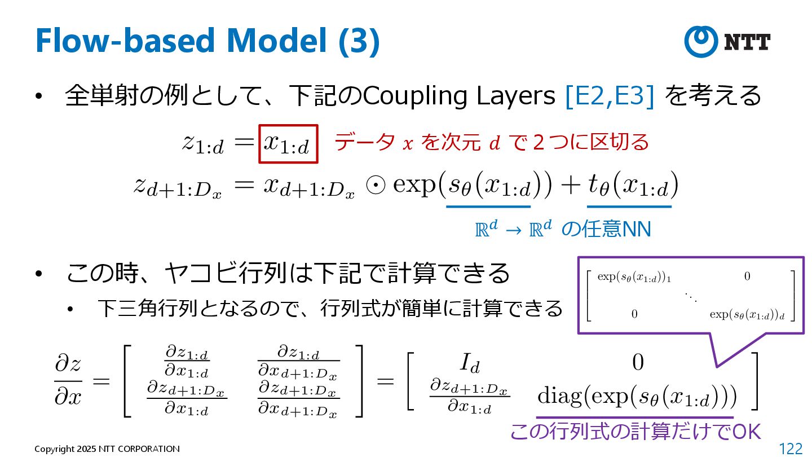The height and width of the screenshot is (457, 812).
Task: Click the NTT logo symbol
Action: [x=700, y=41]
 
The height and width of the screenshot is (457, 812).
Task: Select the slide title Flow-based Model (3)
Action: [x=207, y=41]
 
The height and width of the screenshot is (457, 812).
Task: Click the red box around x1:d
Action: [x=288, y=144]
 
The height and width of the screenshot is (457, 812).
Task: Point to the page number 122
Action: [x=790, y=449]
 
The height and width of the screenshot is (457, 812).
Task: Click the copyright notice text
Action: [x=107, y=449]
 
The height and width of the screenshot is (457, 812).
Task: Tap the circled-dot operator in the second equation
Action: [x=373, y=186]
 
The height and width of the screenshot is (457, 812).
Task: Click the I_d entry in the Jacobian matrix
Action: [x=469, y=363]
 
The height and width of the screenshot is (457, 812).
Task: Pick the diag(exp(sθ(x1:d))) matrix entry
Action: [x=637, y=397]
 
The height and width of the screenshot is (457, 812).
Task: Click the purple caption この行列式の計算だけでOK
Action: [x=635, y=432]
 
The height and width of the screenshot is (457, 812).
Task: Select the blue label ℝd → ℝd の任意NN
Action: [x=563, y=229]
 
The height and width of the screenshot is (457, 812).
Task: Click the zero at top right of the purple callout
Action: [x=747, y=276]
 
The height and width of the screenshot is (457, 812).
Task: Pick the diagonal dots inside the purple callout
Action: [x=691, y=296]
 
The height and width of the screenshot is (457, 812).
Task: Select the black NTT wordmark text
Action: [x=747, y=42]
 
